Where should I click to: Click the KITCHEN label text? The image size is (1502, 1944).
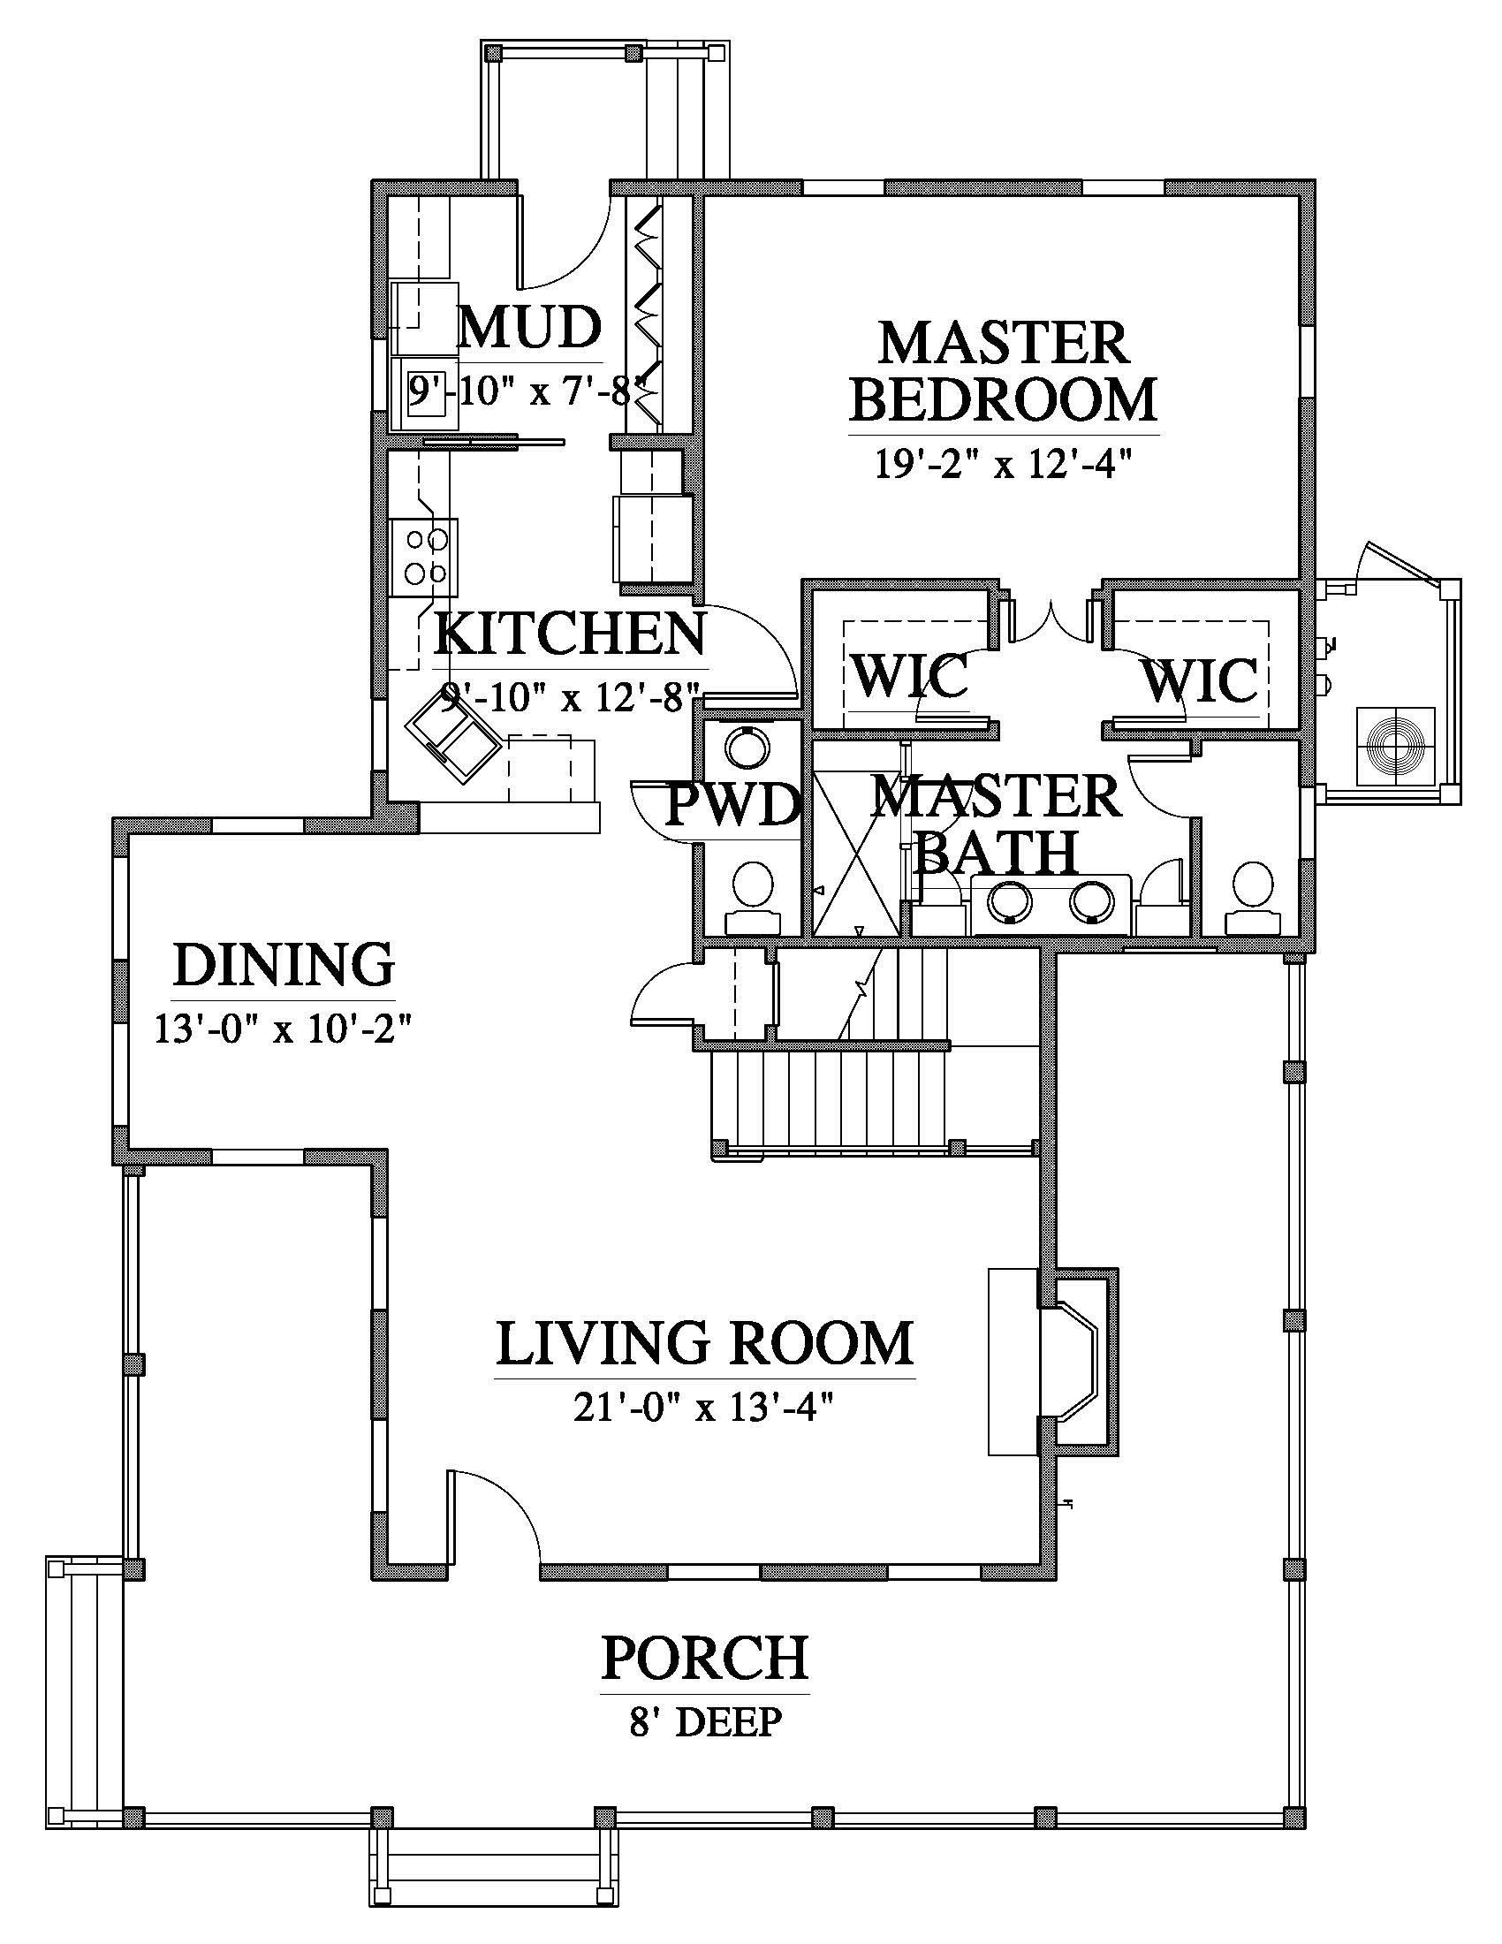pos(571,634)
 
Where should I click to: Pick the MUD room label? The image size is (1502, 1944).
pos(529,327)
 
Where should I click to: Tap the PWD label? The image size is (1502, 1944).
pos(733,806)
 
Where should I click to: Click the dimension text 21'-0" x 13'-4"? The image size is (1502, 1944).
pos(704,1409)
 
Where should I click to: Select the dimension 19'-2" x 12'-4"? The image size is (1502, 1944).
pos(1004,464)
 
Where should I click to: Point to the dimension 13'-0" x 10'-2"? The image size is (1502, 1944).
pos(284,1029)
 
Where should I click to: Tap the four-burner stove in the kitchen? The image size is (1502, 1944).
pos(424,558)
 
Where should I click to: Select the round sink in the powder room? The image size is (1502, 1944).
pos(744,747)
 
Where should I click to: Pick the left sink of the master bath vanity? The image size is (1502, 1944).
pos(1011,901)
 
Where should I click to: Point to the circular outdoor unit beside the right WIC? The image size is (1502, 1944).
pos(1394,747)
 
